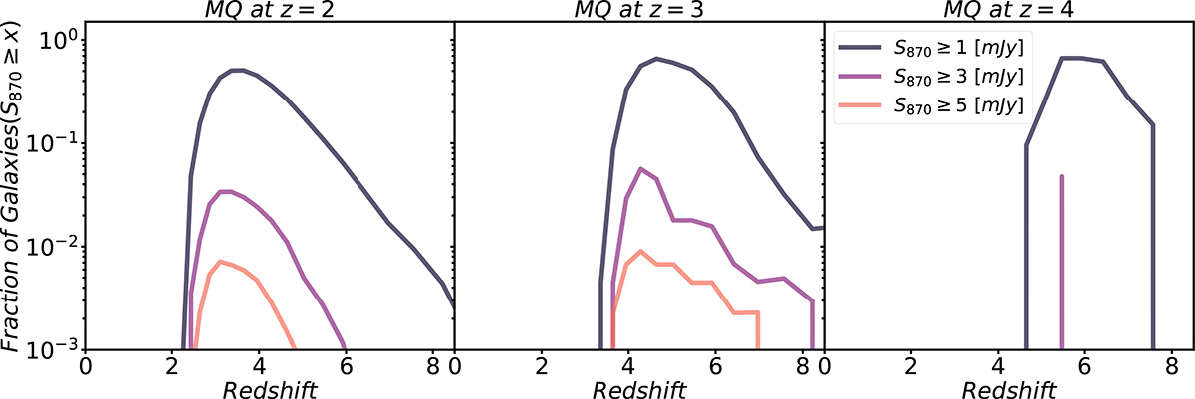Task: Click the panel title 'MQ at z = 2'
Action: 269,10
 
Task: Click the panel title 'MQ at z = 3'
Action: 639,10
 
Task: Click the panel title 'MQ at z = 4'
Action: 1009,10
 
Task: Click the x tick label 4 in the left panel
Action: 260,366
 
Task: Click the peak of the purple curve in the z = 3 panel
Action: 639,168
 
